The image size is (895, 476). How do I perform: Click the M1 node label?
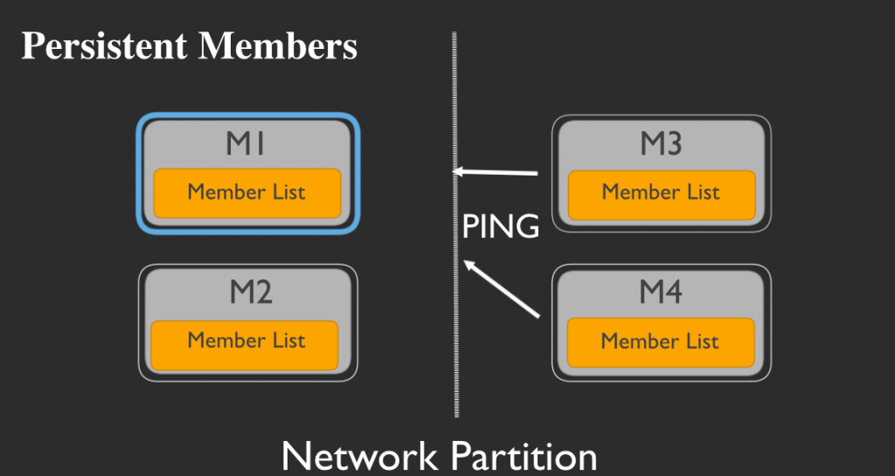click(x=246, y=143)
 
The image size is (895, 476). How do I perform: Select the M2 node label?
click(x=251, y=293)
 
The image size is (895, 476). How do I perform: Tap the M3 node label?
click(x=661, y=143)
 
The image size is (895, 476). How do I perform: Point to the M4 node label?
click(x=661, y=292)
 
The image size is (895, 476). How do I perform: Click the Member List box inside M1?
click(x=247, y=193)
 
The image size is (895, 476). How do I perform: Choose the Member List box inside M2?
click(x=245, y=346)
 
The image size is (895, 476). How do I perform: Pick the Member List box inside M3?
click(x=662, y=195)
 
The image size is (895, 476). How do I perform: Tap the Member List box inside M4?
click(x=661, y=342)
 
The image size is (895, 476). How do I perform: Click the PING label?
click(x=501, y=227)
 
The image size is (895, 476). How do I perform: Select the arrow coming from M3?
click(x=496, y=171)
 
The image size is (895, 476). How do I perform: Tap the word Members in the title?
click(x=277, y=46)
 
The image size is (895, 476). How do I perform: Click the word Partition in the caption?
click(x=524, y=456)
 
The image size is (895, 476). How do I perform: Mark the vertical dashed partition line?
click(x=455, y=224)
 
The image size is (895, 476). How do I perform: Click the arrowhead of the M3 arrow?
click(x=456, y=170)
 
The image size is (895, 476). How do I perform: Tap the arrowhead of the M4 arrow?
click(x=467, y=264)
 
